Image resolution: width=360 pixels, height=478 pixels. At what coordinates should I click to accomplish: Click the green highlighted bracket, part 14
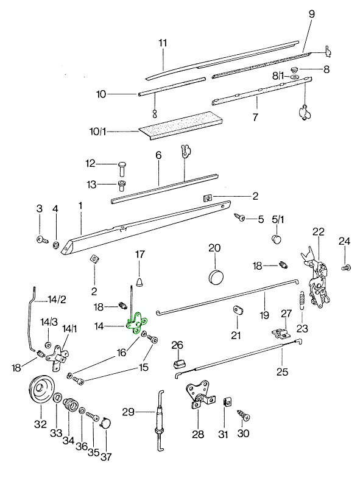(136, 323)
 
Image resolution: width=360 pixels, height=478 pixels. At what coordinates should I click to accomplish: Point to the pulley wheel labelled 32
(41, 390)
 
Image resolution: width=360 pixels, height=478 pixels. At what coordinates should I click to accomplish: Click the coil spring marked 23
(302, 300)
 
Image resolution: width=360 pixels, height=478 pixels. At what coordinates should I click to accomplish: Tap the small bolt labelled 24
(346, 268)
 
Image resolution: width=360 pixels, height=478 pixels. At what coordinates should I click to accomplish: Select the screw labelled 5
(239, 217)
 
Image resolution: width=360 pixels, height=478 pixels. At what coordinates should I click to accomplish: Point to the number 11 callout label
(163, 43)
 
